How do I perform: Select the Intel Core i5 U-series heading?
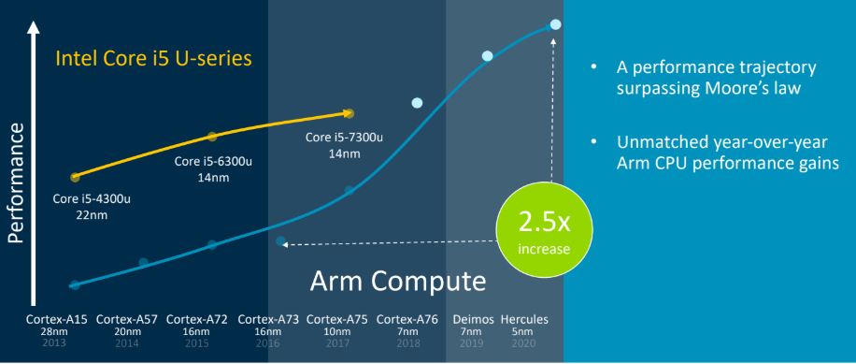click(154, 60)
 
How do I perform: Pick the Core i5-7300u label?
click(332, 138)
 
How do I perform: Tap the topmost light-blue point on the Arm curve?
click(556, 24)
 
